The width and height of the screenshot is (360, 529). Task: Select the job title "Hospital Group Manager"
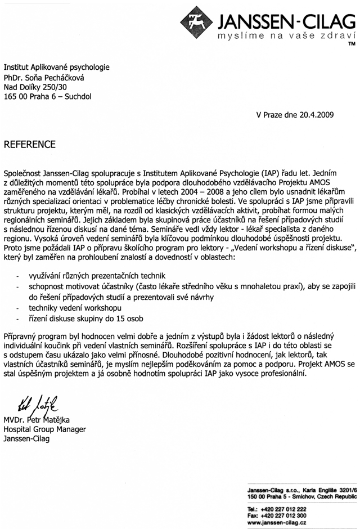44,429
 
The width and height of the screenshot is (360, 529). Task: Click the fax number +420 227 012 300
283,515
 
